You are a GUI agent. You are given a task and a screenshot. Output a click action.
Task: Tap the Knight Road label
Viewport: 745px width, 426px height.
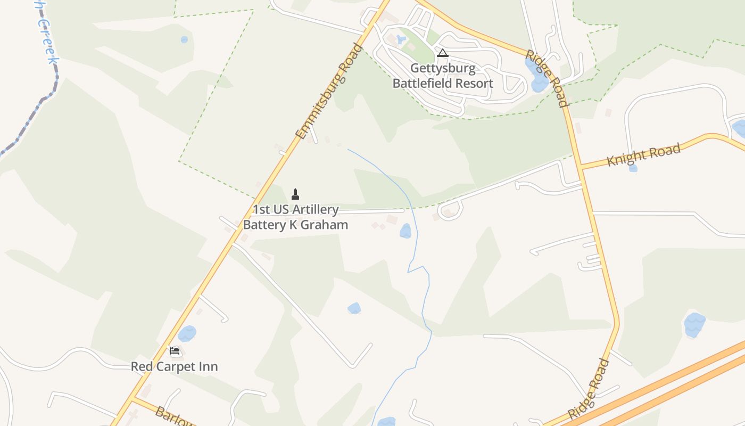(644, 155)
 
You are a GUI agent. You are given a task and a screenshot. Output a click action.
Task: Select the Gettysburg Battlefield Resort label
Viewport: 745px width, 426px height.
(443, 76)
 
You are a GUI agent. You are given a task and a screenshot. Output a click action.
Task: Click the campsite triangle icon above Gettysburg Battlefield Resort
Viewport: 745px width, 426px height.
(442, 53)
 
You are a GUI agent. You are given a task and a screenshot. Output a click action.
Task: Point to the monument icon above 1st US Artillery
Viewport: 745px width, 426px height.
(295, 194)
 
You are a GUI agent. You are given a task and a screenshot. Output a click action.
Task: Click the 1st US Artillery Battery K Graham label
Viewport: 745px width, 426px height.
(296, 217)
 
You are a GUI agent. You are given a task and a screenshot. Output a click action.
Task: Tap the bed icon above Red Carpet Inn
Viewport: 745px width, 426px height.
(175, 351)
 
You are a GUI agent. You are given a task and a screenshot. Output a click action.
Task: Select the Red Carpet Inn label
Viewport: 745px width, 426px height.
(175, 367)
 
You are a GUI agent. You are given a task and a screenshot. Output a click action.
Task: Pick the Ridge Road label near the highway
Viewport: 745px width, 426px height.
(589, 388)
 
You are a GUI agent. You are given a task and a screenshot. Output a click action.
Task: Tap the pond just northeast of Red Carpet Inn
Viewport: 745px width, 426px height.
(187, 334)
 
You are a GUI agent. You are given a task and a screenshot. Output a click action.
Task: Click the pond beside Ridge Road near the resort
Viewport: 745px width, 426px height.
(536, 76)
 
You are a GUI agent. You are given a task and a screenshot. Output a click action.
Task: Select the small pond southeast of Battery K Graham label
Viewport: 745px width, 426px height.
(405, 231)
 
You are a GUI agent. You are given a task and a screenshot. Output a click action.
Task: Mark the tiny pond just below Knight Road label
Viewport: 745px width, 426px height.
(633, 168)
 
